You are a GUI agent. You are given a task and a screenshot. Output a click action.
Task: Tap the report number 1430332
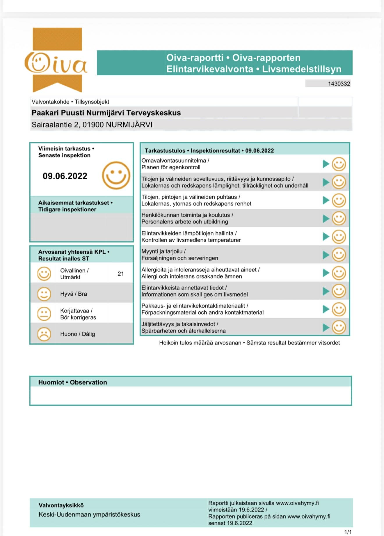click(x=339, y=84)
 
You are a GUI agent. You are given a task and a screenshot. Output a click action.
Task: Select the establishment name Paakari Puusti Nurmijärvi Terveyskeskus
click(x=106, y=113)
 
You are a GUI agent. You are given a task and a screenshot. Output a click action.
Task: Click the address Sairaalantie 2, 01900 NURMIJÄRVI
click(x=92, y=125)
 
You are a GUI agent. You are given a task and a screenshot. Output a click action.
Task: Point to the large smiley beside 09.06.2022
click(x=116, y=175)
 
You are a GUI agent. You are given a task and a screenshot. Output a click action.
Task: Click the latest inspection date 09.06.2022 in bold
click(x=65, y=176)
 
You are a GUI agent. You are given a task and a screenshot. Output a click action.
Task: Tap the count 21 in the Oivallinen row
click(x=121, y=274)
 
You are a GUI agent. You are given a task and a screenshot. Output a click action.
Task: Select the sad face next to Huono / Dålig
click(x=44, y=334)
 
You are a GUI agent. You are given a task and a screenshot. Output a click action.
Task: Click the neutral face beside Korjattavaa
click(x=44, y=314)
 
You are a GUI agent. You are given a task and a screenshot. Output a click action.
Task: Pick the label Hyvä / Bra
click(x=74, y=294)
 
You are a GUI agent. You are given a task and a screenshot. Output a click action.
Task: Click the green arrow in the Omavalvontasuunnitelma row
click(x=326, y=164)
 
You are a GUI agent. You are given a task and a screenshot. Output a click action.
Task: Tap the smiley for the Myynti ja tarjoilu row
click(x=339, y=255)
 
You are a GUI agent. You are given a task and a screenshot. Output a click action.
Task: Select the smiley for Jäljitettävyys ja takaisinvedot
click(x=339, y=327)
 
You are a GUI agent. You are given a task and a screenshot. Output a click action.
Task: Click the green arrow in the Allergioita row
click(x=326, y=273)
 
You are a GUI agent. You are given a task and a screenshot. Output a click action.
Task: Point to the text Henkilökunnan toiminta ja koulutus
click(x=187, y=215)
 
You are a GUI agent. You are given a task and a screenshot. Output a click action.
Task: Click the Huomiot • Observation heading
click(x=73, y=382)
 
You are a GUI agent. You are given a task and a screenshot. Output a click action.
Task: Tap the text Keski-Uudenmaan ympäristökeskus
click(x=89, y=514)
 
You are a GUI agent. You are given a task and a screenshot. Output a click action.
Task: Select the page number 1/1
click(x=348, y=532)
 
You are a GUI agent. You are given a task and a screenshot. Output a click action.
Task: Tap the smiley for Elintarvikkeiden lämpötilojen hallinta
click(x=339, y=237)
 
